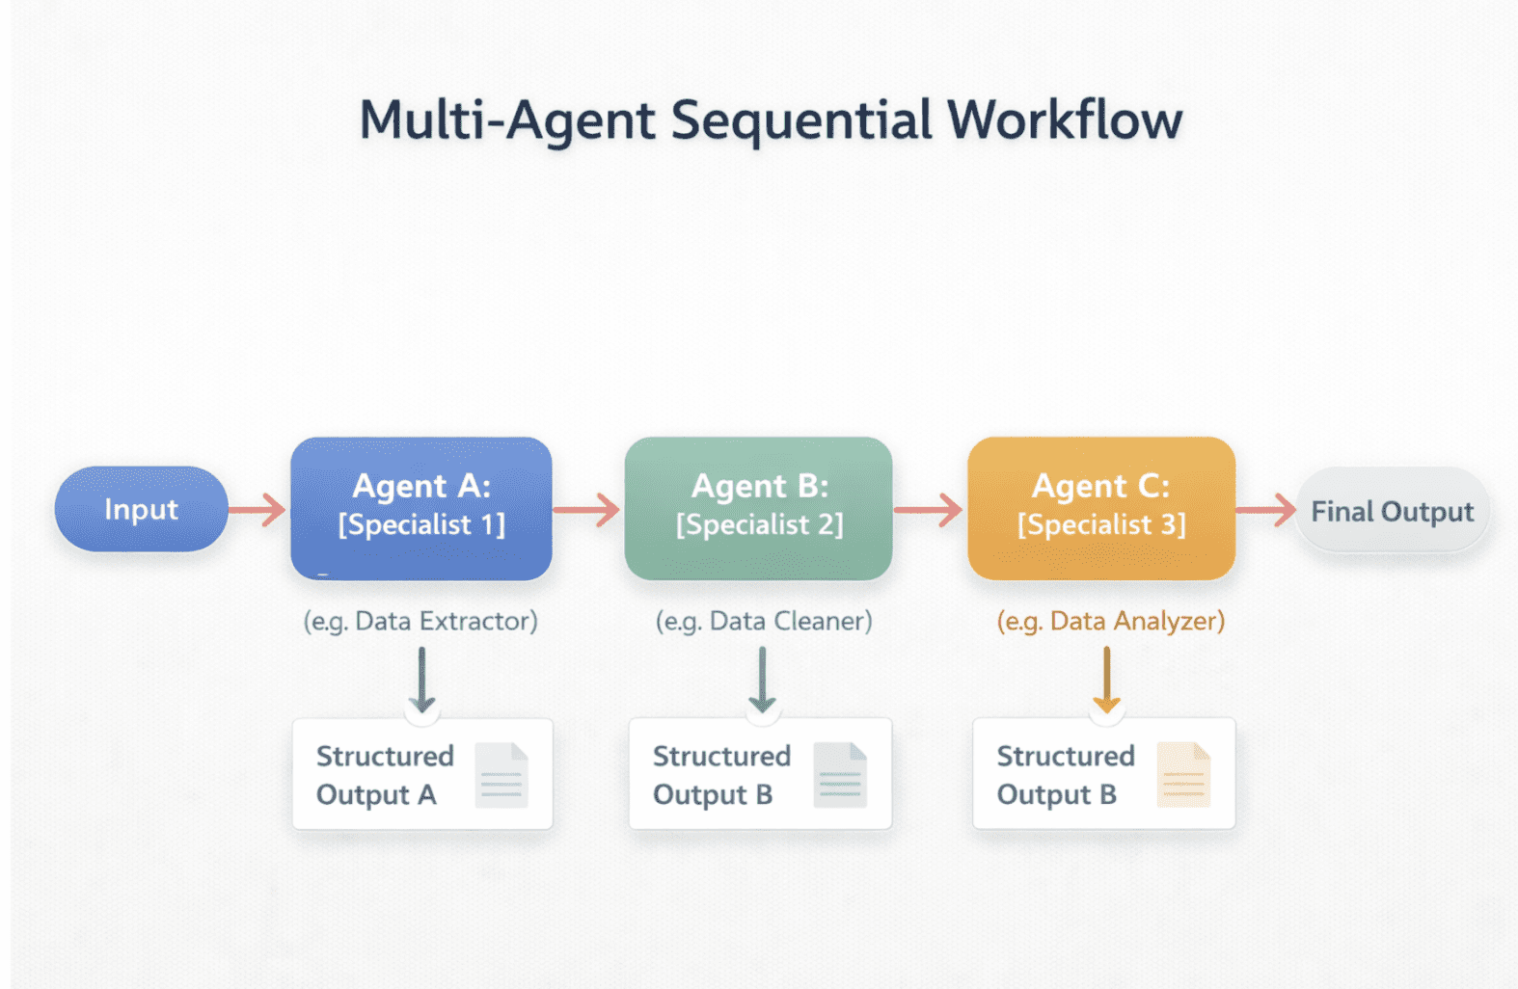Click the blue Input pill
[x=141, y=509]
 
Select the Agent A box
[x=420, y=508]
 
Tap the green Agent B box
[x=758, y=508]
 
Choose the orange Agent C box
[x=1100, y=508]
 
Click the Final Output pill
[x=1392, y=511]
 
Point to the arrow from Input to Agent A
[x=258, y=509]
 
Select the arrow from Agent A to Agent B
[x=587, y=509]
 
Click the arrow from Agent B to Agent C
[x=929, y=509]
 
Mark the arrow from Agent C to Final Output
[x=1265, y=509]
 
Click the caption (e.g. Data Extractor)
[x=420, y=621]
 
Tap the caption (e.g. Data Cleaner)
[x=763, y=621]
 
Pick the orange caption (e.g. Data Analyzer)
[x=1110, y=621]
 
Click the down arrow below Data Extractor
[x=421, y=680]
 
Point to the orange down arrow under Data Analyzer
[x=1106, y=680]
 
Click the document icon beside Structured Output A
[x=501, y=775]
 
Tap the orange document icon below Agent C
[x=1182, y=775]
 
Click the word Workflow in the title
[x=1064, y=120]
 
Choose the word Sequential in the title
[x=801, y=120]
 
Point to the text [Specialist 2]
[x=759, y=525]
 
